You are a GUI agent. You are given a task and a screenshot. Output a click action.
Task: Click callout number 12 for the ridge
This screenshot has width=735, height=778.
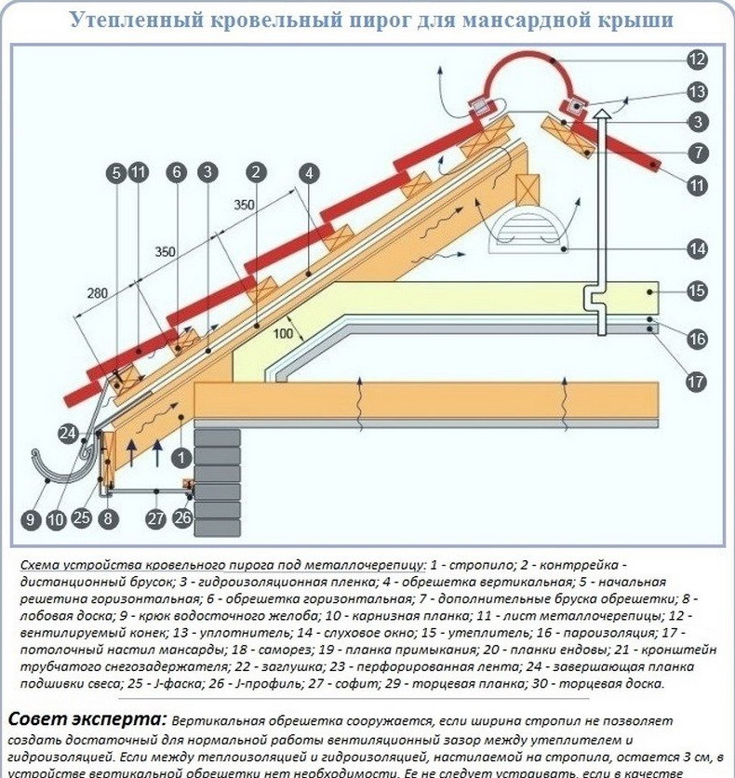[698, 60]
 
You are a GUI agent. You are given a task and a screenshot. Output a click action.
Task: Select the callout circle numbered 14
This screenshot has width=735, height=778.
[698, 248]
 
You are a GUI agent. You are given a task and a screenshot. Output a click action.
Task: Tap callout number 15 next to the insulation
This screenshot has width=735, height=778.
[698, 291]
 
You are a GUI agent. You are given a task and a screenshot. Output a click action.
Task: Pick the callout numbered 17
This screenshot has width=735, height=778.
[698, 380]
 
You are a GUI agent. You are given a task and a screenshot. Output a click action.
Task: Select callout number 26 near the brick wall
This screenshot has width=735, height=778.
[183, 517]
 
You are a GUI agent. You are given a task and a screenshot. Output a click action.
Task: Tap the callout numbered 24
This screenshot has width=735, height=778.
[66, 432]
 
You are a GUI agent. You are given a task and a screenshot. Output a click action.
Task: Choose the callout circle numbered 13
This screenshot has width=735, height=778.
[698, 91]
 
